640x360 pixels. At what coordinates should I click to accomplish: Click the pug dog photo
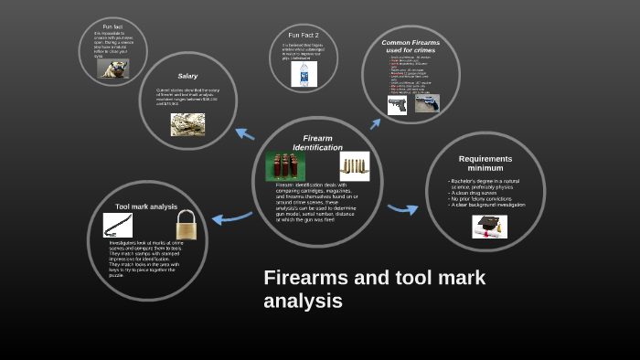point(112,69)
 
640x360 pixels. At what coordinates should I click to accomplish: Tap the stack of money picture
point(187,124)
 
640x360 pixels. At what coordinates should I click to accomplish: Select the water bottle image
point(304,74)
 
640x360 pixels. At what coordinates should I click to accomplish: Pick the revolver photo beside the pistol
point(427,103)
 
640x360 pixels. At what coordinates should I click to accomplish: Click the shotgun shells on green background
point(285,165)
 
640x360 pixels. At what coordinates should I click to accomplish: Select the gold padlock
point(187,224)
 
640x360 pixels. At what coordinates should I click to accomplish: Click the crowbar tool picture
point(118,225)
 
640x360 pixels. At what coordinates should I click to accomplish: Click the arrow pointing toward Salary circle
point(245,133)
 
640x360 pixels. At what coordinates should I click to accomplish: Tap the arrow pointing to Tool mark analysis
point(231,217)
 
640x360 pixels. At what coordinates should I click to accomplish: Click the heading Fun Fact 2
point(303,35)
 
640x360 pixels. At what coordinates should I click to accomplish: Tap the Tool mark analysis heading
point(146,206)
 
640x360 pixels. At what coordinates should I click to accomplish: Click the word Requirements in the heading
point(485,159)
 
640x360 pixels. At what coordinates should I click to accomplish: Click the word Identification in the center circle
point(317,147)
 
